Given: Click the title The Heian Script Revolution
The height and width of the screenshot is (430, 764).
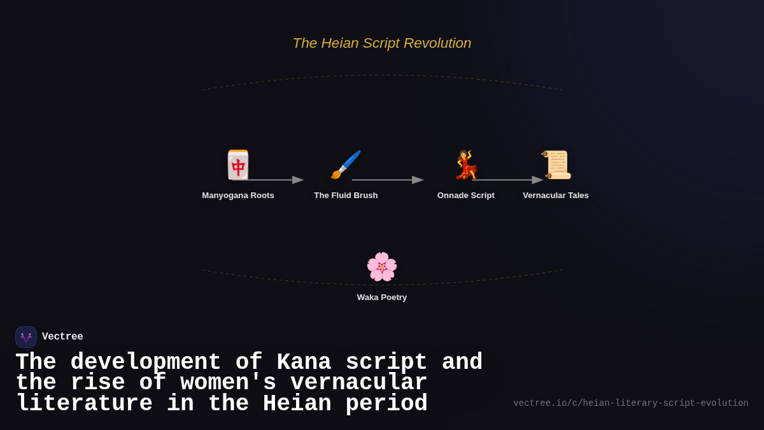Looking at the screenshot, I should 382,43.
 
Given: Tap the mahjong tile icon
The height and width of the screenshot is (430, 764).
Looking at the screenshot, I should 238,165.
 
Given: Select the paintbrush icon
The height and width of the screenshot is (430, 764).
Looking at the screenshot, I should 346,165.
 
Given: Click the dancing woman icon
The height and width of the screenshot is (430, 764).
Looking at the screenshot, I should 466,165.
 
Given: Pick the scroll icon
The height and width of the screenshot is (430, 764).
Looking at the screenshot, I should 556,165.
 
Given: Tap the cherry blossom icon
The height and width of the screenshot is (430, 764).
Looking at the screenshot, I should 382,267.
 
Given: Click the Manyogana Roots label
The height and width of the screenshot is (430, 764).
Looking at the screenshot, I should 238,196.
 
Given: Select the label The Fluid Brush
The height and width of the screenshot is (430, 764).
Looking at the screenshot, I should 346,196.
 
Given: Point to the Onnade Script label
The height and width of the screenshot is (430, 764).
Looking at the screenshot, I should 466,196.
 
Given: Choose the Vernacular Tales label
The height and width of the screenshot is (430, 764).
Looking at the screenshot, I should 556,196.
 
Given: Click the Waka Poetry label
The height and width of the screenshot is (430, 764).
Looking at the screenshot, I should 382,297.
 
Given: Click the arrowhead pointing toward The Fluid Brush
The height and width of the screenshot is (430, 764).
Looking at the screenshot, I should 298,180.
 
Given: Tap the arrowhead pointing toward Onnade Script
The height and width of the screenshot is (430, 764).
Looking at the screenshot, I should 418,180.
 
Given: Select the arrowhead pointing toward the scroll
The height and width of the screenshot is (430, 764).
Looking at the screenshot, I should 537,180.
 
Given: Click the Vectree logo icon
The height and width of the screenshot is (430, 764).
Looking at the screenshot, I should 26,337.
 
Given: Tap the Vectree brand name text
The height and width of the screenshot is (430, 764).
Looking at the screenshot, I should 62,337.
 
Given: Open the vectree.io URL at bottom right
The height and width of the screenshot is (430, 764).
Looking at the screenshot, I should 631,403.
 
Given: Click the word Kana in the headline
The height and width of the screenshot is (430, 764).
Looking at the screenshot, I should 304,362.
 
